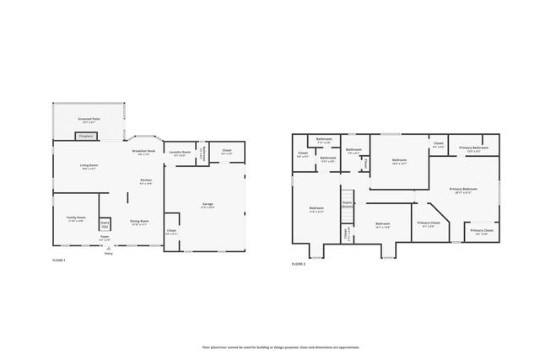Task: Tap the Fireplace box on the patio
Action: (x=86, y=135)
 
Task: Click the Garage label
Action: (x=207, y=204)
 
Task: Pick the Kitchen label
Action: (x=145, y=181)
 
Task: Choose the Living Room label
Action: (x=89, y=167)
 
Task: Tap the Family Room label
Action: (x=76, y=218)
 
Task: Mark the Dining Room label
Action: (x=138, y=223)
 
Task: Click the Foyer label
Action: (x=105, y=238)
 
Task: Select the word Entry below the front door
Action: (x=108, y=253)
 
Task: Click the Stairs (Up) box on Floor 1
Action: (x=105, y=223)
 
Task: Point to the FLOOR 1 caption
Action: (x=58, y=261)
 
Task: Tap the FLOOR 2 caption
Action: (x=299, y=264)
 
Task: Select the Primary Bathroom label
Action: (x=470, y=149)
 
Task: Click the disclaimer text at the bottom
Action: (x=280, y=347)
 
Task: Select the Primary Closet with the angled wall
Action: (x=426, y=224)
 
